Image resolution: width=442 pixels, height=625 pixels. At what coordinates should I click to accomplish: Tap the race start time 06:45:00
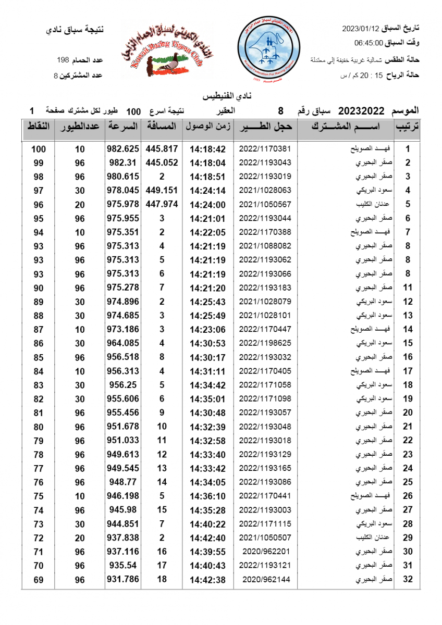coord(369,43)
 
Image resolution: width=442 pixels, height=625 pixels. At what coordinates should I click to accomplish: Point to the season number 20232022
coord(361,111)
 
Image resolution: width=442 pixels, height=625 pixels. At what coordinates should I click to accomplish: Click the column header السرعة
coord(122,127)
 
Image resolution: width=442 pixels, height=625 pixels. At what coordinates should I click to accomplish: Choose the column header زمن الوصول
coord(208,127)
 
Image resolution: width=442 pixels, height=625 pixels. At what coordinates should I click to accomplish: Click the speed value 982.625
coord(122,148)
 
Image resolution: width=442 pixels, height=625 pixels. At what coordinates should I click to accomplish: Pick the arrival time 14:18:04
coord(207,162)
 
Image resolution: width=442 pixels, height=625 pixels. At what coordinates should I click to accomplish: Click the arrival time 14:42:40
coord(207,537)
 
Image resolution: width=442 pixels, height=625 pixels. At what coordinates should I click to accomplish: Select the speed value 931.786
coord(122,579)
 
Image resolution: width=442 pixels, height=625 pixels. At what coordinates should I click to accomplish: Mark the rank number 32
coord(408,579)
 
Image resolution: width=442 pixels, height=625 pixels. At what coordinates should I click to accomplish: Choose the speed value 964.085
coord(122,343)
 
